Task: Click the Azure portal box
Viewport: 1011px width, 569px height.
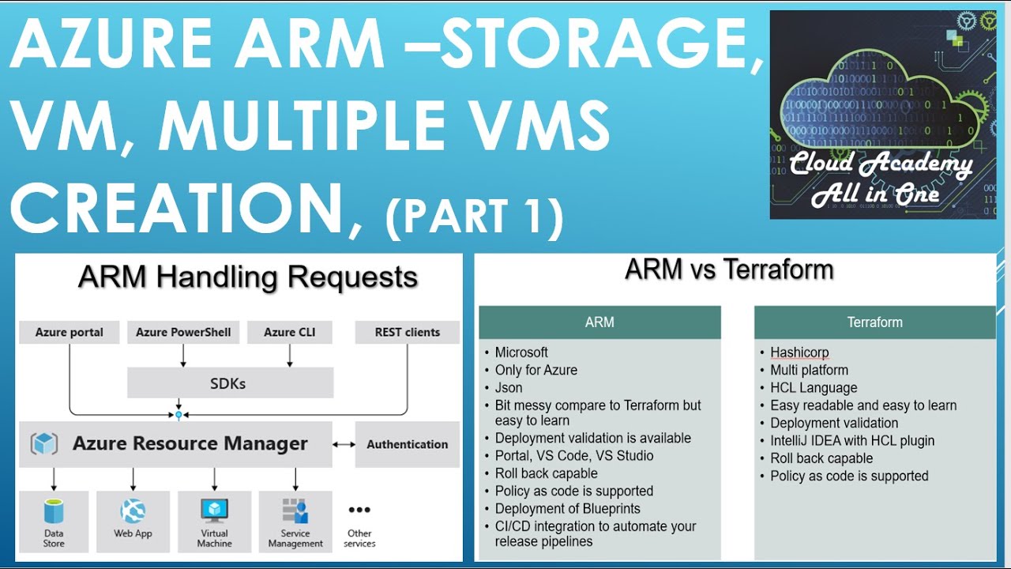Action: [x=70, y=333]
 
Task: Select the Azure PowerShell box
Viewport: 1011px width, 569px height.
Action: [x=183, y=333]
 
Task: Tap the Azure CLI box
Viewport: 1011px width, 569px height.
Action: [x=289, y=333]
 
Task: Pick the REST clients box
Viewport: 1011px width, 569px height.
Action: [x=407, y=333]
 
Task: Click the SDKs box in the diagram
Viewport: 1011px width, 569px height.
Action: [x=230, y=383]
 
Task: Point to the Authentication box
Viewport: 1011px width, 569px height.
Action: [x=407, y=445]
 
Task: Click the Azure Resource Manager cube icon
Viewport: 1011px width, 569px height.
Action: [x=44, y=444]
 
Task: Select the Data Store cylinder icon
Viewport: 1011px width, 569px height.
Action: [x=54, y=511]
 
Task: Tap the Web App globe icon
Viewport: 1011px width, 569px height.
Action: [x=133, y=511]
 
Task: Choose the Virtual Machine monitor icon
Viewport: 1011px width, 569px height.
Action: [x=214, y=511]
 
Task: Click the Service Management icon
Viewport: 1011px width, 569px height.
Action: [x=295, y=511]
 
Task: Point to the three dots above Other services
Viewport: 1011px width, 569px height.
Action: [x=359, y=511]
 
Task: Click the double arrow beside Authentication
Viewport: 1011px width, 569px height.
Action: [x=344, y=445]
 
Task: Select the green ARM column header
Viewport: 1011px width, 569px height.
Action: [x=599, y=322]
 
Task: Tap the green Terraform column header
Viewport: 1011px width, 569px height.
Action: [x=874, y=322]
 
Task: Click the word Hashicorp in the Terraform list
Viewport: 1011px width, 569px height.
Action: [x=799, y=352]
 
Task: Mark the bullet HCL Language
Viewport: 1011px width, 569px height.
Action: [x=814, y=388]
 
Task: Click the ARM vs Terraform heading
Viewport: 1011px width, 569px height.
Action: [x=729, y=270]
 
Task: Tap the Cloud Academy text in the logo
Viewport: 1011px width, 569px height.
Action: [x=881, y=164]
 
